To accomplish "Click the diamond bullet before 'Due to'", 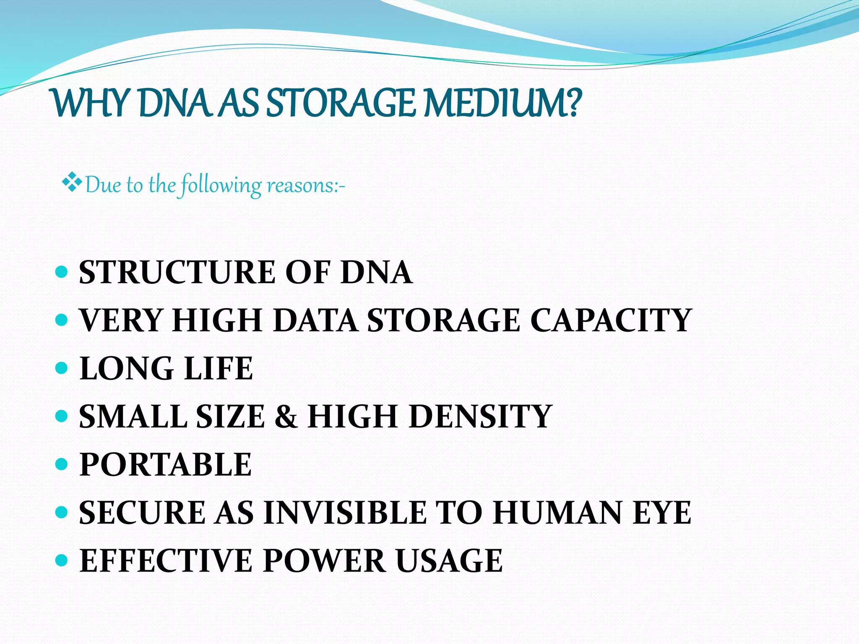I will coord(72,182).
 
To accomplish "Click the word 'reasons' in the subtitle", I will coord(300,185).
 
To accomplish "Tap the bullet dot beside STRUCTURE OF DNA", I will coord(61,272).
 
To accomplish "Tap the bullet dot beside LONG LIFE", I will coord(61,368).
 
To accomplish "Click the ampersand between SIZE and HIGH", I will coord(286,417).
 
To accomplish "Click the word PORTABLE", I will coord(166,465).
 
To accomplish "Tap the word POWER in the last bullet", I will coord(324,561).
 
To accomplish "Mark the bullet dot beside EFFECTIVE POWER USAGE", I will coord(61,560).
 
